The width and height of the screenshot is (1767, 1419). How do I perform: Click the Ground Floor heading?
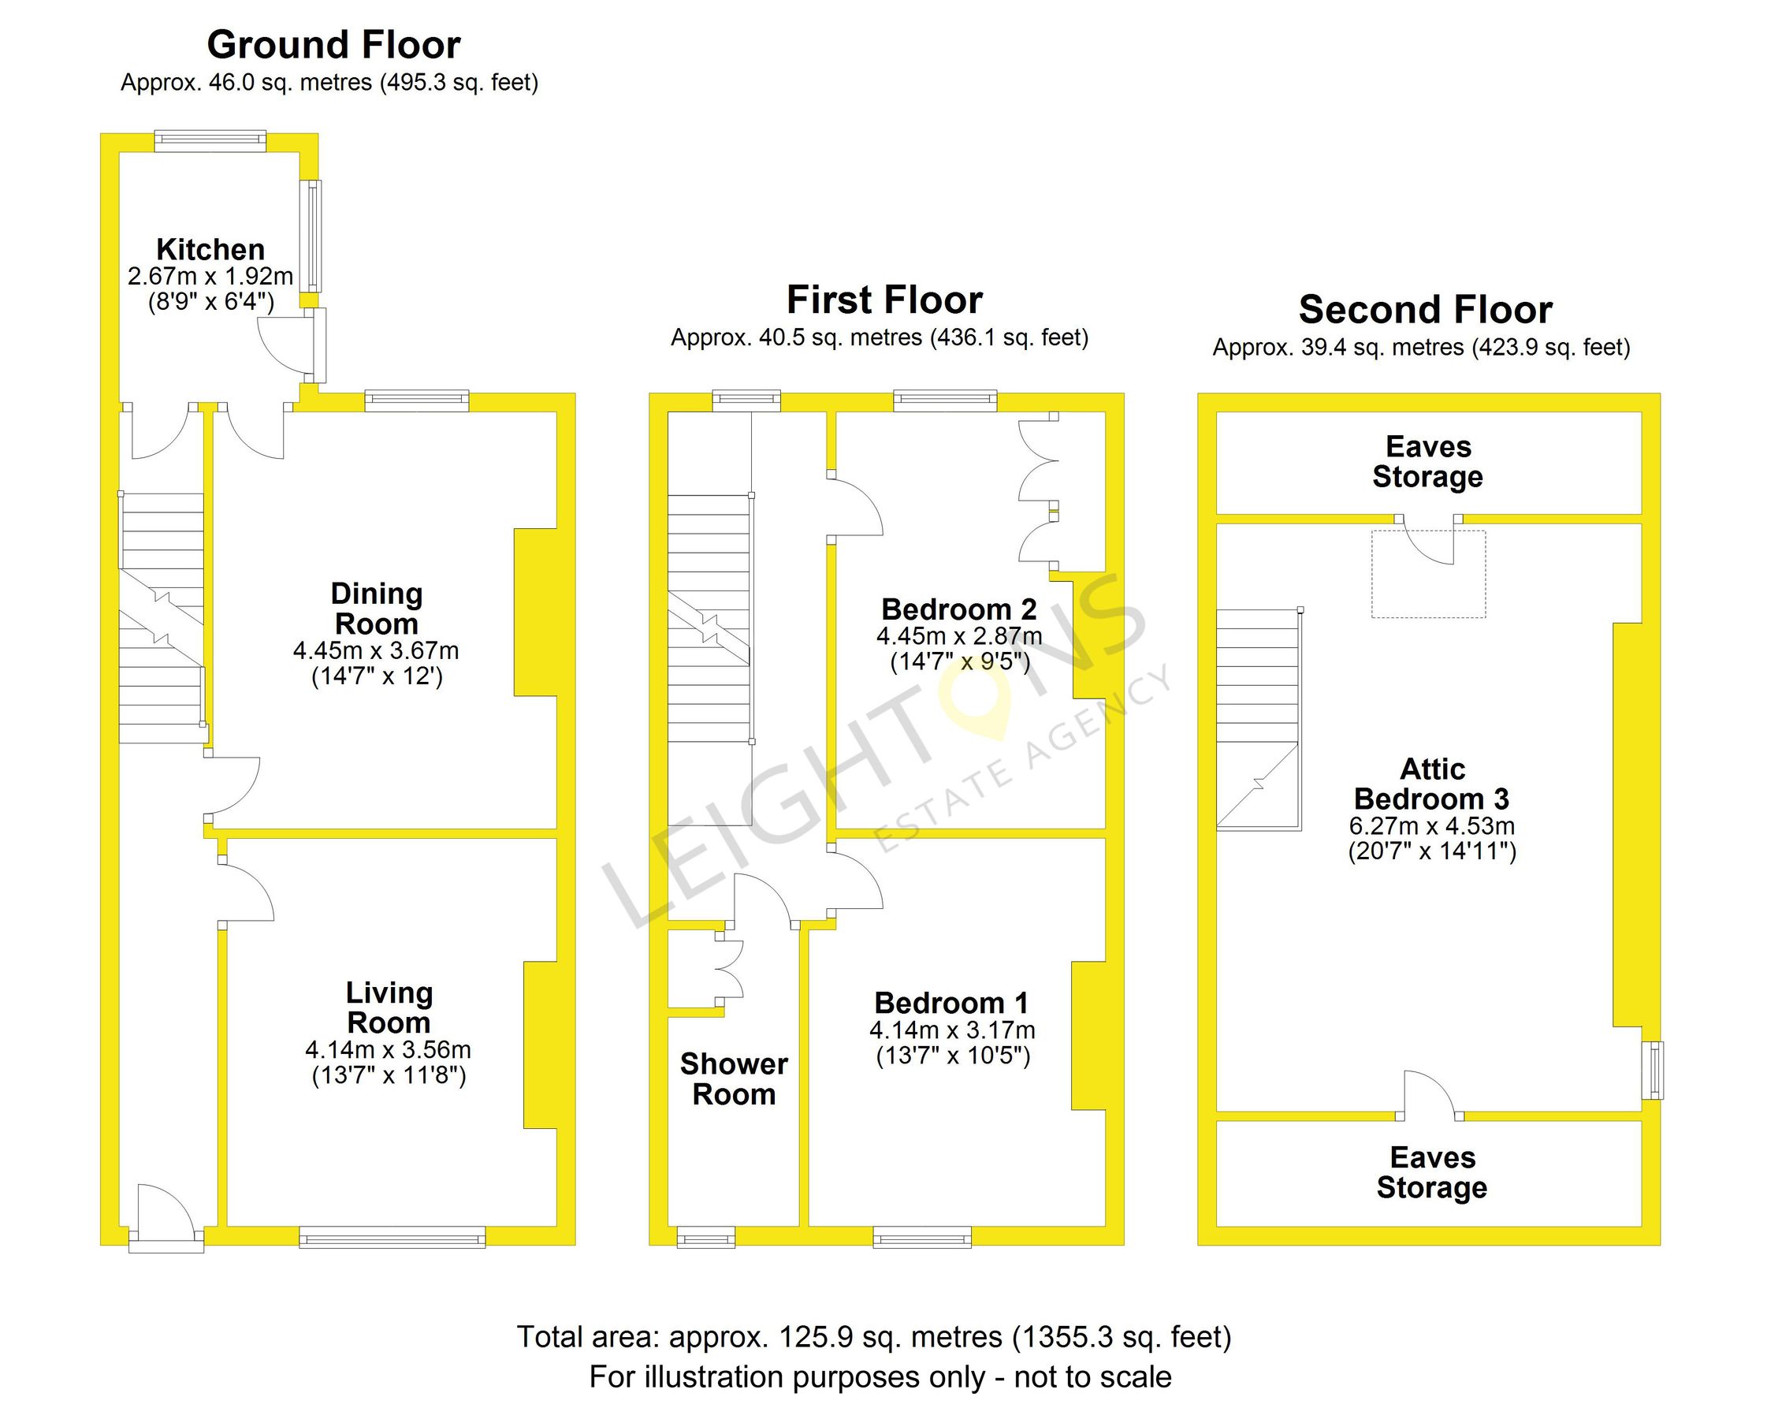click(333, 45)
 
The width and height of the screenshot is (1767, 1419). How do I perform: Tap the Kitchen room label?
click(210, 249)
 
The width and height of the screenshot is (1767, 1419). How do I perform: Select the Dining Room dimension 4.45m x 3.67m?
click(376, 651)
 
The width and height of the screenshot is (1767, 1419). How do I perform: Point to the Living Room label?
click(389, 1007)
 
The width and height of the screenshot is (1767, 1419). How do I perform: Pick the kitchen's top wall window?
click(210, 140)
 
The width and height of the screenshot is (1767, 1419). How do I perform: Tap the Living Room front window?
click(392, 1237)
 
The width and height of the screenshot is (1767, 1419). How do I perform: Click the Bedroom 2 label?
click(959, 609)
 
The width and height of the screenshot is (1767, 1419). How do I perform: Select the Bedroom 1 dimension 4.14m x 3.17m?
click(952, 1030)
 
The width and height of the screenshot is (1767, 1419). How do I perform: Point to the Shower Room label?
click(735, 1078)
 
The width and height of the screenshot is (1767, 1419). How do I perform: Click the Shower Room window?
click(705, 1237)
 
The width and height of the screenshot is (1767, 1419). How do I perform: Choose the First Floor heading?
click(884, 300)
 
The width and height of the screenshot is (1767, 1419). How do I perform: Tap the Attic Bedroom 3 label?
click(1432, 784)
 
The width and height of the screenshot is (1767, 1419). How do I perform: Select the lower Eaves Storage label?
click(1432, 1172)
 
